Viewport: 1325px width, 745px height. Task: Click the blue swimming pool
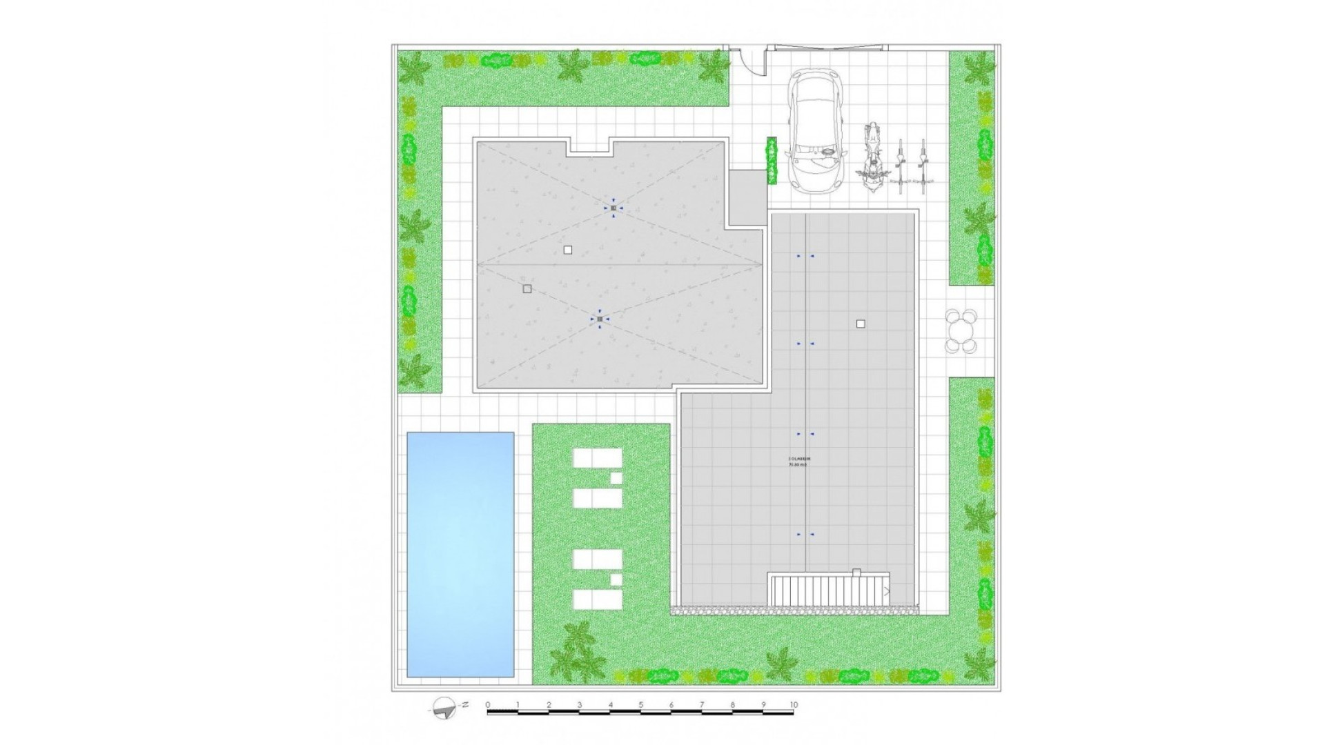coord(460,554)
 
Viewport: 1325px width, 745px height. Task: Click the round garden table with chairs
coord(961,331)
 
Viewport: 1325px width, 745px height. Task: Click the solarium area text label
coord(798,461)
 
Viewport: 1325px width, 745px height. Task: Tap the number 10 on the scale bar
coord(794,704)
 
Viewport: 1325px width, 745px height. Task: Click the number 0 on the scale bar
coord(488,704)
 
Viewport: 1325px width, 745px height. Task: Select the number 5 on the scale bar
coord(641,704)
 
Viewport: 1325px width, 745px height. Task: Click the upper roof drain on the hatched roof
coord(613,208)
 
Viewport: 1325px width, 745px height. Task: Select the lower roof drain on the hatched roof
coord(600,319)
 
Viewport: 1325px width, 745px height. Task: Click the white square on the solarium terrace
coord(861,324)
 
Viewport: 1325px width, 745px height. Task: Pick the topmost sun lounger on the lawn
coord(597,458)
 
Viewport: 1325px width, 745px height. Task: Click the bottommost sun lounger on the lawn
coord(597,599)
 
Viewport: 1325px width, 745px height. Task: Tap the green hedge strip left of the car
coord(772,161)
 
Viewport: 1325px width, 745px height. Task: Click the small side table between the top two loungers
coord(616,478)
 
